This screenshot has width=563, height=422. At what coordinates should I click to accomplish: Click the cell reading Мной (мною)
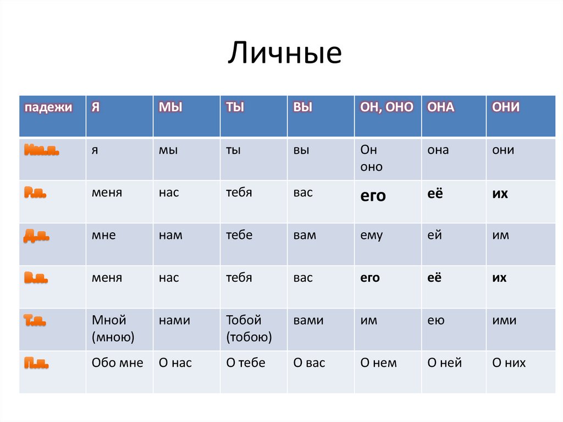click(113, 328)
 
